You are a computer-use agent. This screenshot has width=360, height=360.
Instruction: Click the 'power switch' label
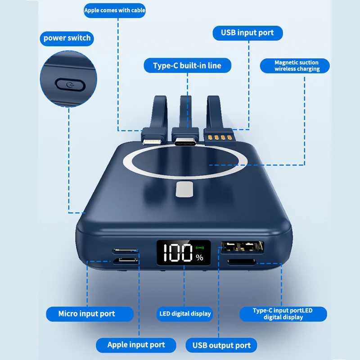(x=67, y=38)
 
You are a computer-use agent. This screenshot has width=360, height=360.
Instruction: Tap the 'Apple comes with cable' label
(x=115, y=10)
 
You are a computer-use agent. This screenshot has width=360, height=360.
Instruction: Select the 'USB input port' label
(x=247, y=33)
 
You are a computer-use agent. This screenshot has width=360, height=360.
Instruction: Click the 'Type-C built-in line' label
(x=187, y=66)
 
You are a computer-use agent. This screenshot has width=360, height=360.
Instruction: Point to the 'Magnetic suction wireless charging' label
(x=295, y=66)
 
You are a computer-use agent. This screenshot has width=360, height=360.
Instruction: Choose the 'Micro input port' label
(x=90, y=314)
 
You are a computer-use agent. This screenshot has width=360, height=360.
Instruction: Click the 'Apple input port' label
(x=136, y=345)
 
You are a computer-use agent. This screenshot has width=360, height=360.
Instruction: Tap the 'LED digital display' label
(x=185, y=314)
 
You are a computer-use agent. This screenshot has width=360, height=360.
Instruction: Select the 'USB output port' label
(x=221, y=345)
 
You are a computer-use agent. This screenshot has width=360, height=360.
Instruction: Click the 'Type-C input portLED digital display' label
(x=283, y=314)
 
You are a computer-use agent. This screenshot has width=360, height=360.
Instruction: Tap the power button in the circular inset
(x=70, y=85)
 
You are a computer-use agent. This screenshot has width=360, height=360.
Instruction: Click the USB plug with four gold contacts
(x=219, y=138)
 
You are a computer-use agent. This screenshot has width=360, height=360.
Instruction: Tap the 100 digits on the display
(x=178, y=253)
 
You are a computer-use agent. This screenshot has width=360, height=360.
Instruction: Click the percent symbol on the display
(x=199, y=257)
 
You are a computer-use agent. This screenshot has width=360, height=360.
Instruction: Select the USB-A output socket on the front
(x=242, y=247)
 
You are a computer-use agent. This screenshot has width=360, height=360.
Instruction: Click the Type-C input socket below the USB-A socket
(x=242, y=262)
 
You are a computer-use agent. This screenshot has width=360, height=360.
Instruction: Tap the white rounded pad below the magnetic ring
(x=184, y=189)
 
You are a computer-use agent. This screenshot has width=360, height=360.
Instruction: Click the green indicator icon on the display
(x=199, y=248)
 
